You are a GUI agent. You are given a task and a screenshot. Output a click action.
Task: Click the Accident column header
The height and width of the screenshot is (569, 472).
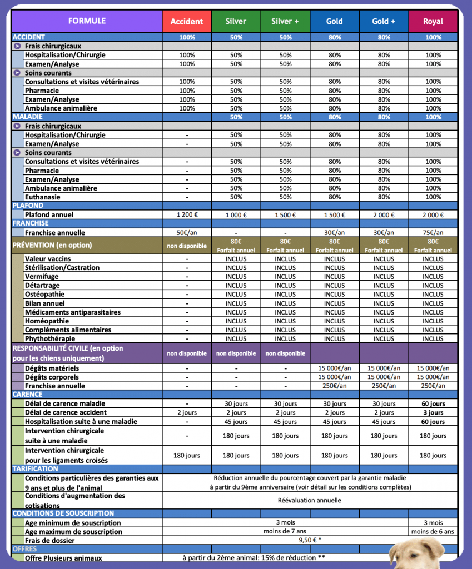[187, 22]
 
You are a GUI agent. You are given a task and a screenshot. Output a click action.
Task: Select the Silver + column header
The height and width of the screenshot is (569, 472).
[285, 22]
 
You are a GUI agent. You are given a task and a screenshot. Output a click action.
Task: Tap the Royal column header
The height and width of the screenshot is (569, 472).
[433, 22]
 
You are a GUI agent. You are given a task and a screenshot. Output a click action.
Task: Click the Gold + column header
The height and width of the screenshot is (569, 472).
[384, 22]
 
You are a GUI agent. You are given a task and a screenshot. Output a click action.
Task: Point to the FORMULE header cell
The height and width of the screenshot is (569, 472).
[87, 21]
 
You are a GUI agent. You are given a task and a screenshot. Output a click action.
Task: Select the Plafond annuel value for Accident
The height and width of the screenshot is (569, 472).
[187, 215]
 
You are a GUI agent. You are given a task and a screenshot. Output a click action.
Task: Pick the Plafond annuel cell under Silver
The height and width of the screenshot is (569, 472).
[236, 215]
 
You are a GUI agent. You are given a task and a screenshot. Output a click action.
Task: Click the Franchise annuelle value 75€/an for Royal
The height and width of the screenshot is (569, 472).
[433, 233]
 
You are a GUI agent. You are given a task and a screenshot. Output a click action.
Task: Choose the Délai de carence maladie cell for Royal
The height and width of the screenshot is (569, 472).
[433, 404]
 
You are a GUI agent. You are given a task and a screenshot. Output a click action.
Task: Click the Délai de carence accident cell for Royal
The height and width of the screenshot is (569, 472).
[433, 413]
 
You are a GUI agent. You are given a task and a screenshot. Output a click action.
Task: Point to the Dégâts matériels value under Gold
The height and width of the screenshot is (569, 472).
[334, 368]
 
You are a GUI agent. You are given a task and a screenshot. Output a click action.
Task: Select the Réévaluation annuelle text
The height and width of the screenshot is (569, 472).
[310, 500]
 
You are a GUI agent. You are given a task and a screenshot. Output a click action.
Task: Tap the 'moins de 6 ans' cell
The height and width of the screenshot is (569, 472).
[433, 532]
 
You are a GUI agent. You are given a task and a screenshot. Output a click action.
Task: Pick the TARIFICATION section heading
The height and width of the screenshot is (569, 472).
[34, 469]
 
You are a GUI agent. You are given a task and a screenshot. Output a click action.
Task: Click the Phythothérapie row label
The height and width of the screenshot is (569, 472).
[51, 339]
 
